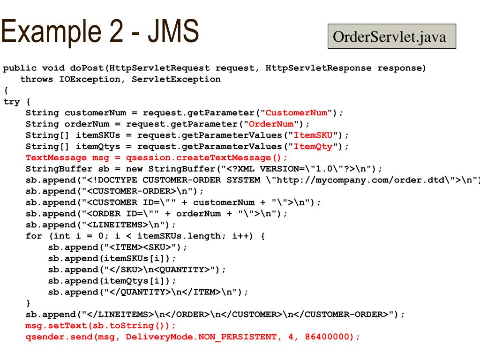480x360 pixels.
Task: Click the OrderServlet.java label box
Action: [x=391, y=37]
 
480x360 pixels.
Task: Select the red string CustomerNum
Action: [x=296, y=113]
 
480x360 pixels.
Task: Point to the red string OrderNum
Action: [x=271, y=124]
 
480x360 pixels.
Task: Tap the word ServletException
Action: [x=176, y=79]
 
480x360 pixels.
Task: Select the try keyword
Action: [x=12, y=102]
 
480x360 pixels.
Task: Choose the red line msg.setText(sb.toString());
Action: [x=100, y=326]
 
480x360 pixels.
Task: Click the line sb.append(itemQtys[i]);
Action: [x=112, y=281]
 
